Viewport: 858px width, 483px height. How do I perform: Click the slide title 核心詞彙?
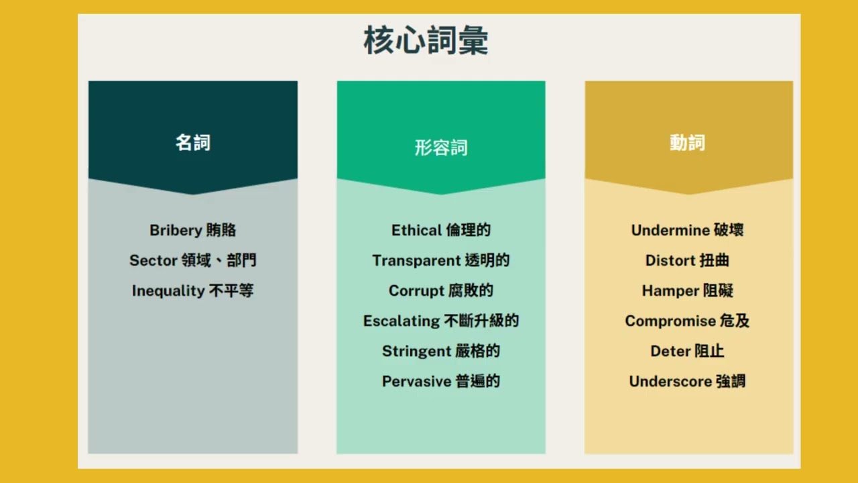tap(426, 41)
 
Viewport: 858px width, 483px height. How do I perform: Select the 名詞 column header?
tap(193, 143)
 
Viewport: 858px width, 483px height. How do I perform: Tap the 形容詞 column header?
tap(441, 148)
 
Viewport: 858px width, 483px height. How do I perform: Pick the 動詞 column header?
tap(688, 143)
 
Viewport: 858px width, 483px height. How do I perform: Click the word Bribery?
tap(176, 230)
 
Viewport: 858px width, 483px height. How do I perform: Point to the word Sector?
tap(154, 261)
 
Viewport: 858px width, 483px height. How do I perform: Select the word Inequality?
tap(168, 291)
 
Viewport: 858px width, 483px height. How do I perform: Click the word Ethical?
tap(417, 230)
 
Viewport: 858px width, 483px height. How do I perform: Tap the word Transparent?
tap(416, 261)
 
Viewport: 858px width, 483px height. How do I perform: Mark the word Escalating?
tap(402, 321)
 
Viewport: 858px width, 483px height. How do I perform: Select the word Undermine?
tap(671, 230)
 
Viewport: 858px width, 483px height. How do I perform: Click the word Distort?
tap(670, 261)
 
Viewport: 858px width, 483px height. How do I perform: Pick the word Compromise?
tap(670, 321)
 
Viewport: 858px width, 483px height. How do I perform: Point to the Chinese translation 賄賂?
tap(221, 230)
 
